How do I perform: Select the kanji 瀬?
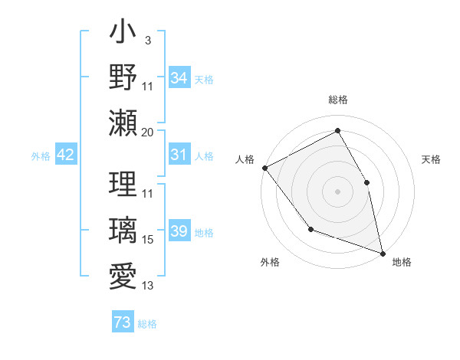pos(123,123)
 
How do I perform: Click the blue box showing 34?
pos(179,77)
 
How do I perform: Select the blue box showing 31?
pos(179,155)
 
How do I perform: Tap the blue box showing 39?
pos(179,231)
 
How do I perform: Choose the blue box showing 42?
pos(66,155)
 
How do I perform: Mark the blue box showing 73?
pos(123,322)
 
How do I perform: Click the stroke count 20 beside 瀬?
pos(147,133)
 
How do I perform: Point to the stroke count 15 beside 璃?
pos(147,240)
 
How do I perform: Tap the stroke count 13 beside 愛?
pos(147,286)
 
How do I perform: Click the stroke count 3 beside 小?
pos(147,40)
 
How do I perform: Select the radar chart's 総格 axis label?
pos(337,100)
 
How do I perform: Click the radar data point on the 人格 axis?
pos(264,167)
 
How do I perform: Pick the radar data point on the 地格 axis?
pos(383,252)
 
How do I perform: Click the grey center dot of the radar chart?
pos(337,191)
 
